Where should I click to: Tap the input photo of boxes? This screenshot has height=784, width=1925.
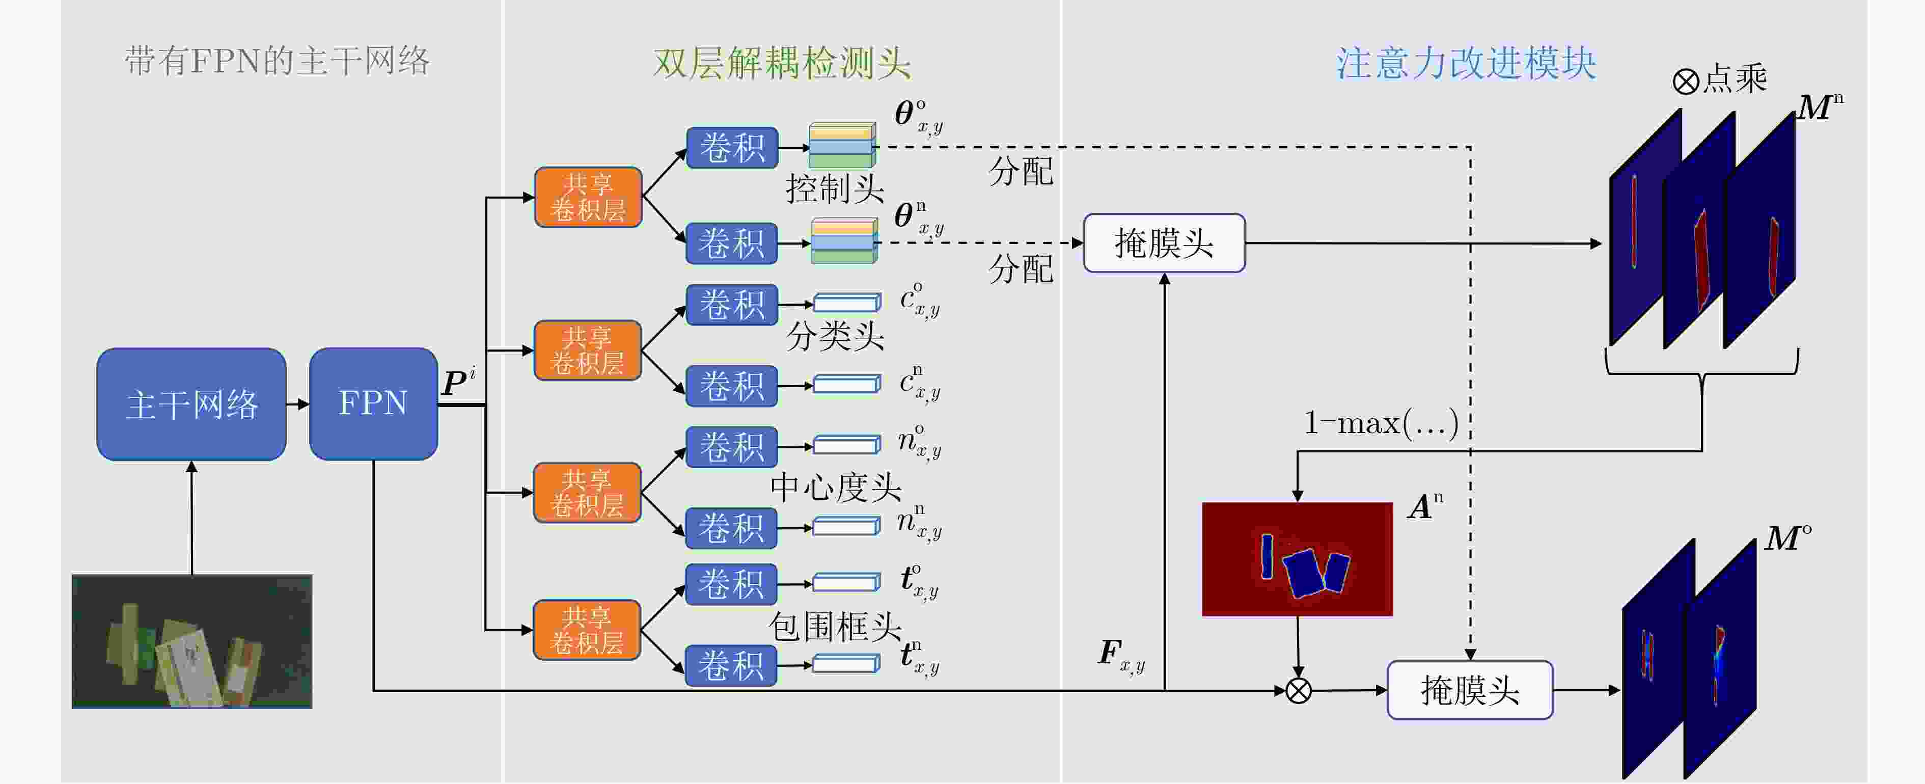(x=192, y=641)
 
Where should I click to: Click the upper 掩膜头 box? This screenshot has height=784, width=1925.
(x=1164, y=243)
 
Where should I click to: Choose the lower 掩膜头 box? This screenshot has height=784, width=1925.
(x=1469, y=690)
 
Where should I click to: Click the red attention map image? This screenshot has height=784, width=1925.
(x=1297, y=559)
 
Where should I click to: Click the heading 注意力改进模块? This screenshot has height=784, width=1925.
(x=1466, y=63)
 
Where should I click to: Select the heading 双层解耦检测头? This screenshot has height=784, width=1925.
(x=782, y=63)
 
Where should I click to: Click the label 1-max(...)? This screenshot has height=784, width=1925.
(x=1380, y=423)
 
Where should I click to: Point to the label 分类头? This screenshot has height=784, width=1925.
(x=835, y=336)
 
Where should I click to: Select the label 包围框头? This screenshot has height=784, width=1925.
(x=835, y=626)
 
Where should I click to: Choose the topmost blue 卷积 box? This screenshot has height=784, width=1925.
(x=732, y=148)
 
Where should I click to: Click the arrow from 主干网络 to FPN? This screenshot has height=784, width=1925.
(x=298, y=404)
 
